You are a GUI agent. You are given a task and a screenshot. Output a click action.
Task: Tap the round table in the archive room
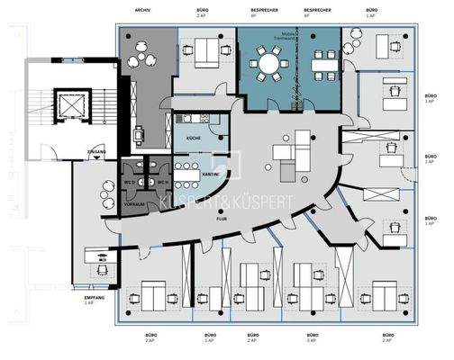[144, 58]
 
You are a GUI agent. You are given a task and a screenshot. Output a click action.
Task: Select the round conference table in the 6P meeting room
[269, 64]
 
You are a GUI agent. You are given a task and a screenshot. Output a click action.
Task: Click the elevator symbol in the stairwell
[69, 105]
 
